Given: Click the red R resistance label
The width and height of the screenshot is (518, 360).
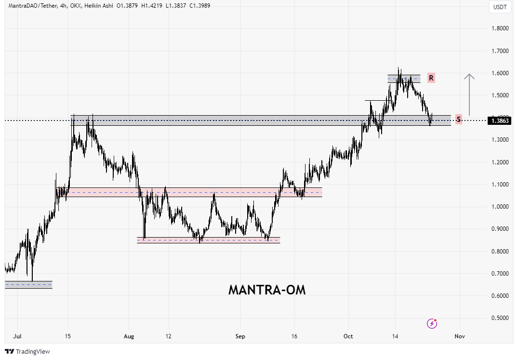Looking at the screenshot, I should tap(431, 78).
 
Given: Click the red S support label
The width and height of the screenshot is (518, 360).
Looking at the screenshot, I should tap(458, 120).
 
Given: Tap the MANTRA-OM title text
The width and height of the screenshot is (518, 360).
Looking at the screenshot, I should tap(266, 290).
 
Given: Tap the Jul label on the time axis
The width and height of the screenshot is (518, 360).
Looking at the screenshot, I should tap(17, 335).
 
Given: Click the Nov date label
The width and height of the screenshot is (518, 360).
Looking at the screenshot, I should tap(460, 335).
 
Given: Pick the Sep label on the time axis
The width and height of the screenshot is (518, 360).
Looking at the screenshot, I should tap(240, 335).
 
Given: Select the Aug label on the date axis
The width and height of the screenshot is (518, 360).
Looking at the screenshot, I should tap(129, 335).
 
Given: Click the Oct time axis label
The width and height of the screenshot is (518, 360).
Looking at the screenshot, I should tap(349, 335).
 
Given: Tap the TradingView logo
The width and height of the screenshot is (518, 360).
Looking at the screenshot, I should tap(27, 352).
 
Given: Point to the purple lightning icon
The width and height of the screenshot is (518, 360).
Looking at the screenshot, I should tap(432, 324).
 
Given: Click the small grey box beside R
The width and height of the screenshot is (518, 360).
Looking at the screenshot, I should tap(404, 79).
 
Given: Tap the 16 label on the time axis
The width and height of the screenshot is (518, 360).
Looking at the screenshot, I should tap(295, 335).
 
